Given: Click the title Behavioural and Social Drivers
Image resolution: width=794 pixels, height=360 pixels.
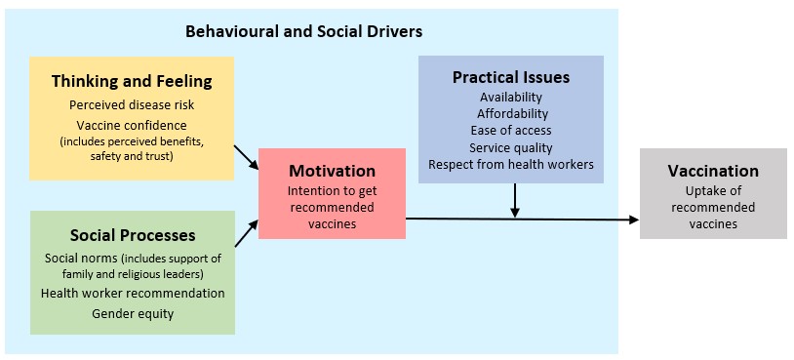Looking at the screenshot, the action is (x=303, y=32).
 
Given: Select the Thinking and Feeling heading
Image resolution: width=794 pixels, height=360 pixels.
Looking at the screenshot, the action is (x=132, y=82).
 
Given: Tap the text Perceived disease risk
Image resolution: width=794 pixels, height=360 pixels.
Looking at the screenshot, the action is (x=132, y=104).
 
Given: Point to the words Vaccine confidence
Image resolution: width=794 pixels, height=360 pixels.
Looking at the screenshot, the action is (x=132, y=125).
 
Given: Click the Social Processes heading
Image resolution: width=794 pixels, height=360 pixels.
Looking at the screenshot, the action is (x=133, y=235).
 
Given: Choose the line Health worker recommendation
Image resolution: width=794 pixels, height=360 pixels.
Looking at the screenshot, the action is (x=133, y=293).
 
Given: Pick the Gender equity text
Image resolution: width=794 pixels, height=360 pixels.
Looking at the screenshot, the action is (x=133, y=314).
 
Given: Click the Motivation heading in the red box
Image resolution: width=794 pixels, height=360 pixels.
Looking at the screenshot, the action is (x=333, y=171).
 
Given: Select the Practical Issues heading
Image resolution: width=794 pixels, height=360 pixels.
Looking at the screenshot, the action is (x=511, y=77).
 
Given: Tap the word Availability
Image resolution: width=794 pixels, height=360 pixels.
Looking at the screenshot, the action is (x=511, y=97).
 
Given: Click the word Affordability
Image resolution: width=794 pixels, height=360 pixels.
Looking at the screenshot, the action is (x=512, y=113).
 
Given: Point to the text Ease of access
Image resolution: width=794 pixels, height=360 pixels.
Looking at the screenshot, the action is (x=511, y=130).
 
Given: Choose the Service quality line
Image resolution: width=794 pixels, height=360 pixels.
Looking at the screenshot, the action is (x=511, y=148).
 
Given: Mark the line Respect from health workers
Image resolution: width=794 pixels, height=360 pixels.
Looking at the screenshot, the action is (x=511, y=165).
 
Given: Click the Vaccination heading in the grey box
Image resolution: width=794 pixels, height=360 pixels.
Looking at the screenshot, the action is (x=713, y=171).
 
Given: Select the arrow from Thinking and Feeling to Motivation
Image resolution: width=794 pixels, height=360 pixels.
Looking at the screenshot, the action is (x=247, y=157).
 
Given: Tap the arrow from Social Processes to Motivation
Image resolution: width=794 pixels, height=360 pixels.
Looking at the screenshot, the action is (x=247, y=233).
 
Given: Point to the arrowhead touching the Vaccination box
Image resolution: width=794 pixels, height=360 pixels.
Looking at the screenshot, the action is (x=634, y=220).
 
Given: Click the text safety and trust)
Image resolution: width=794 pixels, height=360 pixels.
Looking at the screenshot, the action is (x=132, y=156).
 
